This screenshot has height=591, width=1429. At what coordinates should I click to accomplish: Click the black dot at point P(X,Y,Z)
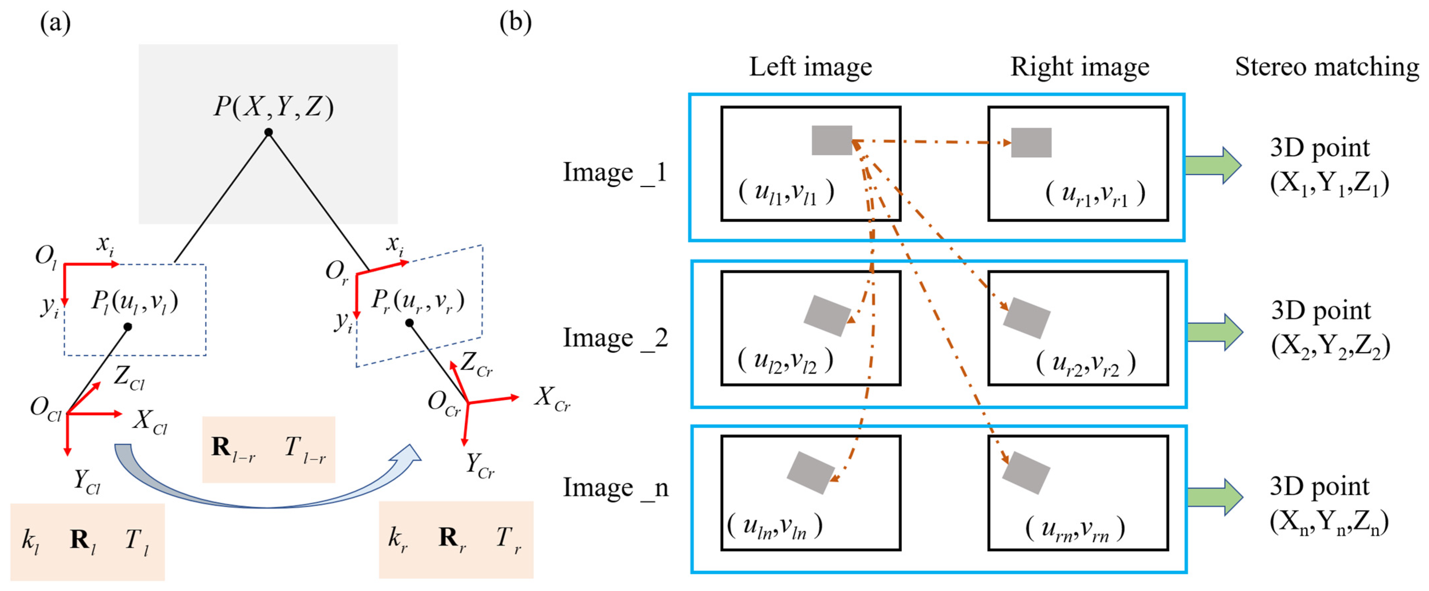pyautogui.click(x=269, y=132)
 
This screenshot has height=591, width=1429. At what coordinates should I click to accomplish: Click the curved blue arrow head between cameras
pyautogui.click(x=407, y=456)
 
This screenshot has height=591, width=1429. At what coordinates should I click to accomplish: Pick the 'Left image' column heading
pyautogui.click(x=811, y=67)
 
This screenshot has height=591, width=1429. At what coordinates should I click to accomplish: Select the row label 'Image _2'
pyautogui.click(x=615, y=338)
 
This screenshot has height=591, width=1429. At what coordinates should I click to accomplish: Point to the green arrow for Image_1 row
pyautogui.click(x=1213, y=165)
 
